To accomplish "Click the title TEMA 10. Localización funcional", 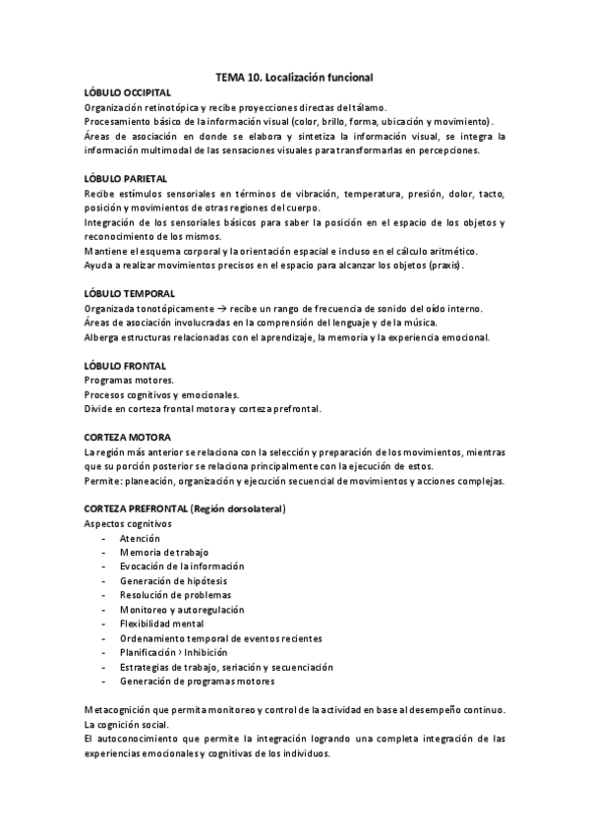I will (294, 75).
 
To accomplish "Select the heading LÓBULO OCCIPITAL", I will (128, 91).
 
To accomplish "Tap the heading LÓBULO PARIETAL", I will (126, 179).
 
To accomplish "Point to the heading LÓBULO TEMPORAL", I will (130, 294).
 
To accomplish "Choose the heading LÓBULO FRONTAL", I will (125, 366).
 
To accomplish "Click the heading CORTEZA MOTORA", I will (128, 437).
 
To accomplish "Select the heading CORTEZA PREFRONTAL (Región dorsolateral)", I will (185, 508).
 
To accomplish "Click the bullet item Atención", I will (140, 538).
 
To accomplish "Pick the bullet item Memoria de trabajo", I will (160, 553).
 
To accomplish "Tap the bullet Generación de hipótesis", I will (168, 580).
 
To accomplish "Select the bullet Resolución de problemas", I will (175, 595).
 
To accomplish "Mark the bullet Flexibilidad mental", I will (161, 624).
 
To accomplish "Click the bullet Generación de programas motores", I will (197, 681).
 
